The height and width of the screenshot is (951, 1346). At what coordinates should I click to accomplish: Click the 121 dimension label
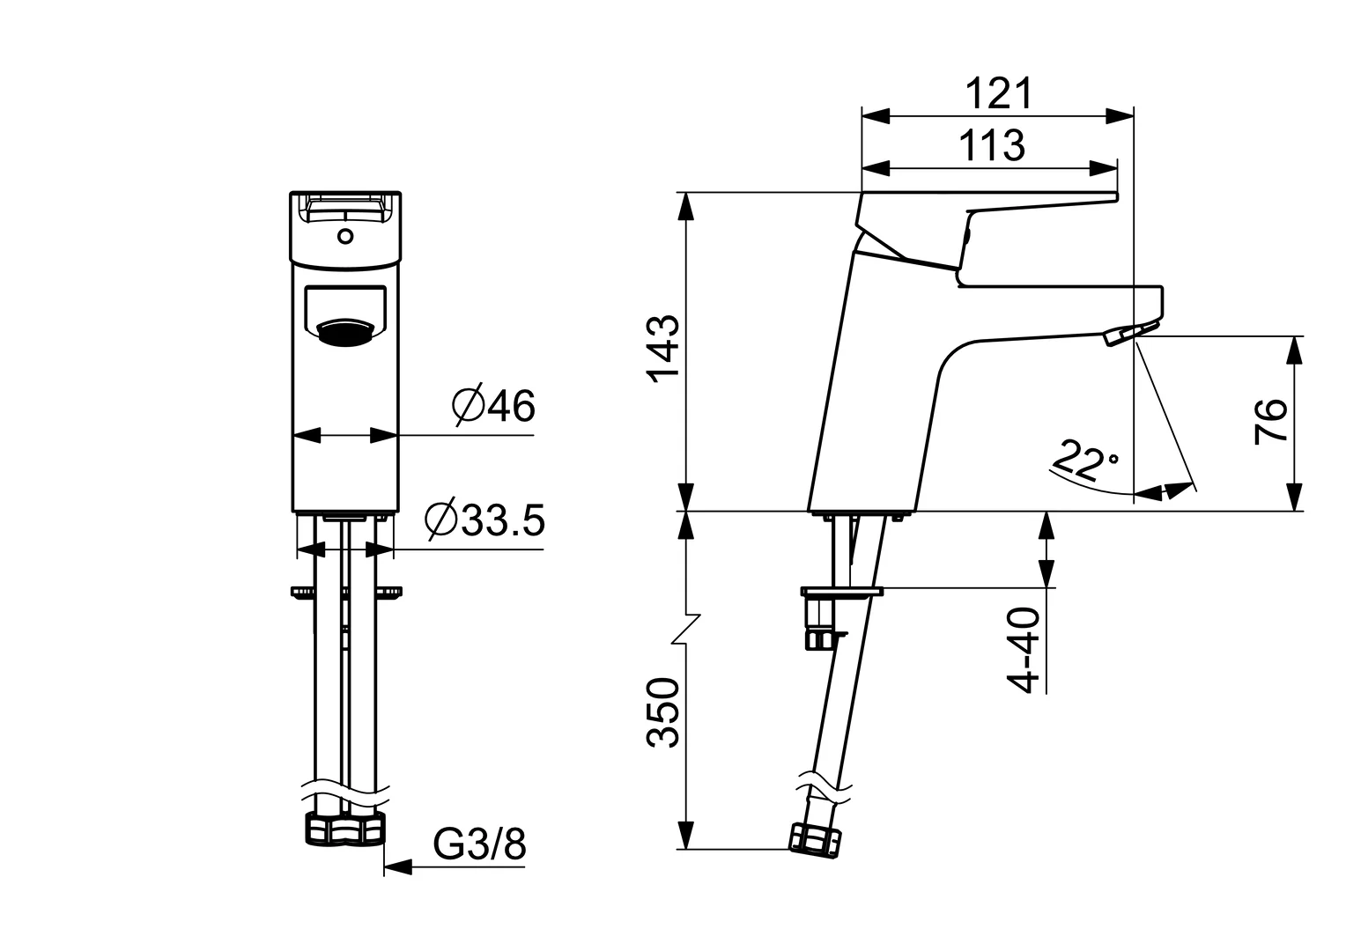tap(997, 93)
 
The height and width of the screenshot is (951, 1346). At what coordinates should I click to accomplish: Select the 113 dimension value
tap(992, 145)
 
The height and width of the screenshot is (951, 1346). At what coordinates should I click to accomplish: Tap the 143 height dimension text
tap(664, 348)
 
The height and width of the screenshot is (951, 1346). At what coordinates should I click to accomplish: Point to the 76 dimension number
tap(1271, 422)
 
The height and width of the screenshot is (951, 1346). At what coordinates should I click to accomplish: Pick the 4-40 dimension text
tap(1024, 651)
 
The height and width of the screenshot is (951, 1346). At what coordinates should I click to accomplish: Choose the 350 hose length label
tap(664, 713)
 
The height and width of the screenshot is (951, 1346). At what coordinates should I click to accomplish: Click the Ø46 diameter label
tap(492, 406)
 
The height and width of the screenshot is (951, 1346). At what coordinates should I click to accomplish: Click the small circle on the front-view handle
tap(345, 236)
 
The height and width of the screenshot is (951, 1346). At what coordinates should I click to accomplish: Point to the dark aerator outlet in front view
tap(344, 333)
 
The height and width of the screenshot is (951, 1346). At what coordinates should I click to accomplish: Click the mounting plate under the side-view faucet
tap(840, 592)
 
